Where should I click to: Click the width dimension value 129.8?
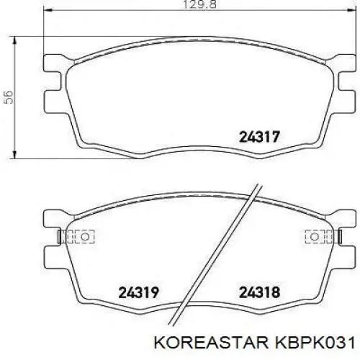(x=199, y=4)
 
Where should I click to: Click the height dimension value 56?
(x=9, y=97)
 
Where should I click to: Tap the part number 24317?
(x=260, y=137)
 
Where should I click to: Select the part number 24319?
(x=139, y=292)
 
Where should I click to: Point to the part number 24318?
(x=260, y=292)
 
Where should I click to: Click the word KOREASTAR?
(x=211, y=343)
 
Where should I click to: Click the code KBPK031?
(x=315, y=343)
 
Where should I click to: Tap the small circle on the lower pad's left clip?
(x=84, y=237)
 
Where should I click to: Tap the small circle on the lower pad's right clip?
(x=315, y=237)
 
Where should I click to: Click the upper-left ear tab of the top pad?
(x=54, y=63)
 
